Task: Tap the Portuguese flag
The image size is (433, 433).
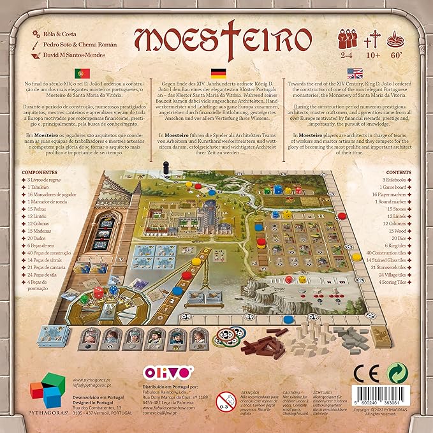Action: [x=82, y=73]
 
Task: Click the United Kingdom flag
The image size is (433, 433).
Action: [x=355, y=73]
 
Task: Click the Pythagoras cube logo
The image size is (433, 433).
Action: [x=47, y=393]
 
